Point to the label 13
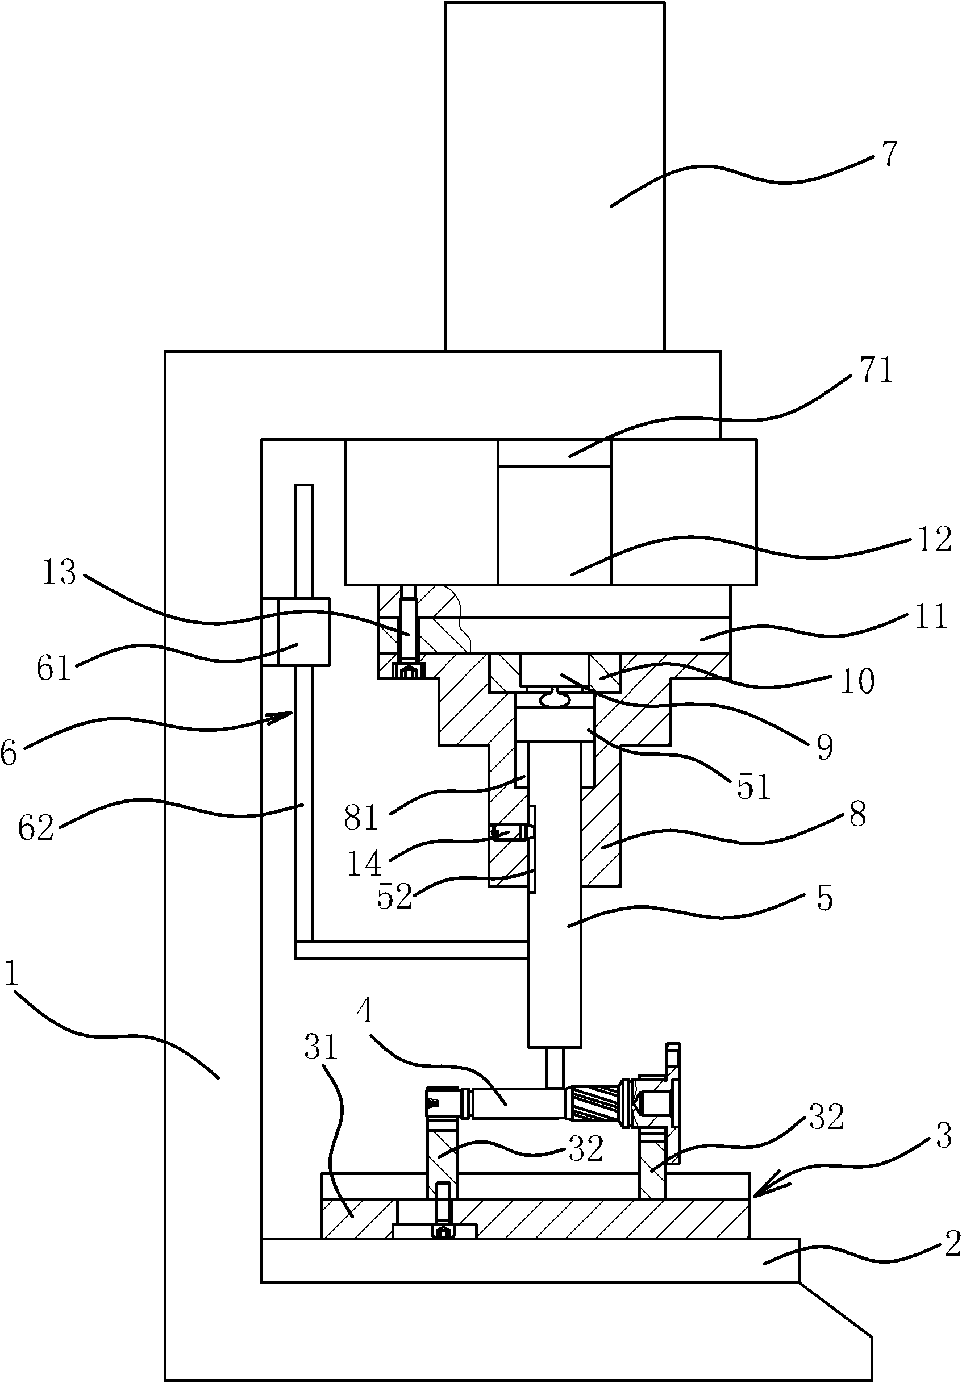59,572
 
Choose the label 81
361,818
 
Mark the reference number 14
364,864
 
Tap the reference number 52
394,913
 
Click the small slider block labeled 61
303,632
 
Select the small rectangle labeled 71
554,452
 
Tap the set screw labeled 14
505,833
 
